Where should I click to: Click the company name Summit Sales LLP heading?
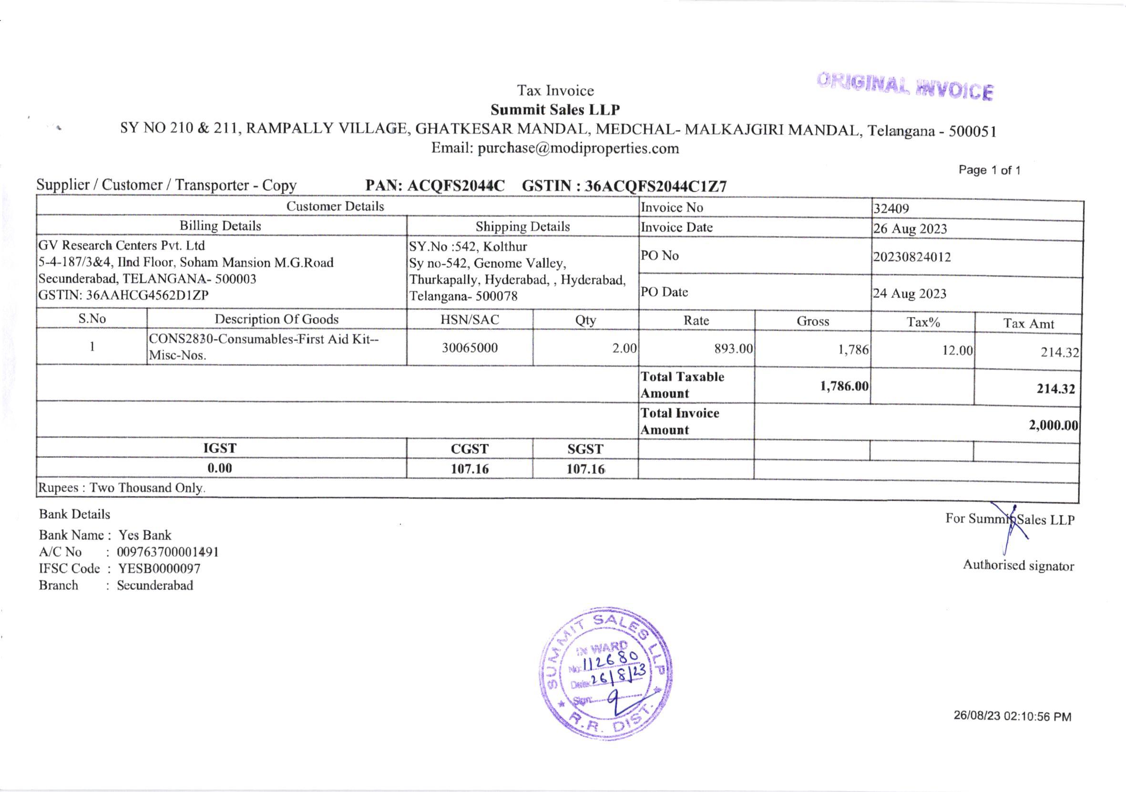pyautogui.click(x=555, y=109)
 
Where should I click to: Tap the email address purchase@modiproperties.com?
pyautogui.click(x=578, y=148)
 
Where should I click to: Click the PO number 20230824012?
pyautogui.click(x=911, y=257)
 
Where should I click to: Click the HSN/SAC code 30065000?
pyautogui.click(x=470, y=348)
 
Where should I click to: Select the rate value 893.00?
pyautogui.click(x=733, y=348)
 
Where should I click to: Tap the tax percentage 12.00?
pyautogui.click(x=957, y=350)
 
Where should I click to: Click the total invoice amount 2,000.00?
pyautogui.click(x=1053, y=425)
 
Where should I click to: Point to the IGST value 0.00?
pyautogui.click(x=219, y=468)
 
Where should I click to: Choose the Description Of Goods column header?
pyautogui.click(x=276, y=319)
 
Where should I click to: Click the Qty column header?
pyautogui.click(x=585, y=321)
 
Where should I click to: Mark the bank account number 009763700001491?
pyautogui.click(x=168, y=552)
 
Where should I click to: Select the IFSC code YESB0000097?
pyautogui.click(x=159, y=569)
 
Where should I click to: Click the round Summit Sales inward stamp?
pyautogui.click(x=606, y=673)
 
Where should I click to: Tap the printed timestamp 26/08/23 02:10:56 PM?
pyautogui.click(x=1012, y=717)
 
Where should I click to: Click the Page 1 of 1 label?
pyautogui.click(x=990, y=170)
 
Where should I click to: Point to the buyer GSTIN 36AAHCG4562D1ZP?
pyautogui.click(x=147, y=295)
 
